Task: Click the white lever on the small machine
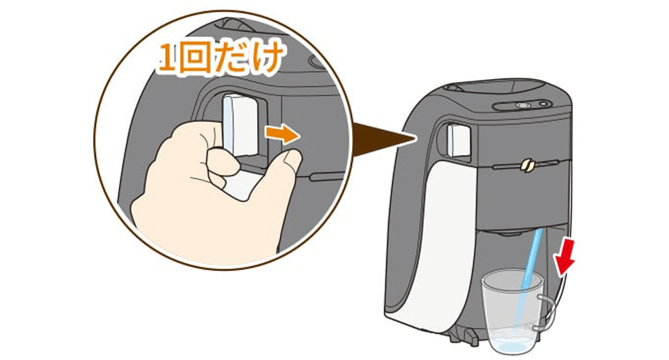[x=458, y=139]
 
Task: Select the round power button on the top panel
[x=543, y=104]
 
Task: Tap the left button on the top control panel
[x=521, y=105]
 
